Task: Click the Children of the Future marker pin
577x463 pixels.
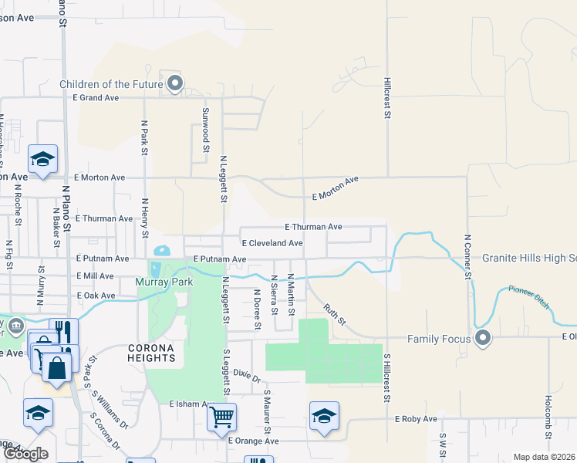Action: click(175, 83)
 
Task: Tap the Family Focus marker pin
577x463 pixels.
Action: click(484, 337)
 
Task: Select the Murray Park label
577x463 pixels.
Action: click(163, 282)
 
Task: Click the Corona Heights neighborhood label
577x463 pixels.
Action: click(151, 353)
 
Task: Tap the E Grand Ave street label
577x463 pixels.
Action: click(96, 98)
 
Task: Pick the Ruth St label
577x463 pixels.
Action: click(335, 313)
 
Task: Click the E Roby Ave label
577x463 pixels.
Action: click(416, 419)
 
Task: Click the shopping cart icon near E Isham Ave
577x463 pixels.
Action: click(222, 417)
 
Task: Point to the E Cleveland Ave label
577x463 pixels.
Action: click(272, 243)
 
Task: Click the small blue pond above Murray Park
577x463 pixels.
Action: click(162, 251)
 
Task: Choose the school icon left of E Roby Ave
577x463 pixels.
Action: click(324, 415)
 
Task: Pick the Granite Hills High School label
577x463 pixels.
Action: click(529, 259)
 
